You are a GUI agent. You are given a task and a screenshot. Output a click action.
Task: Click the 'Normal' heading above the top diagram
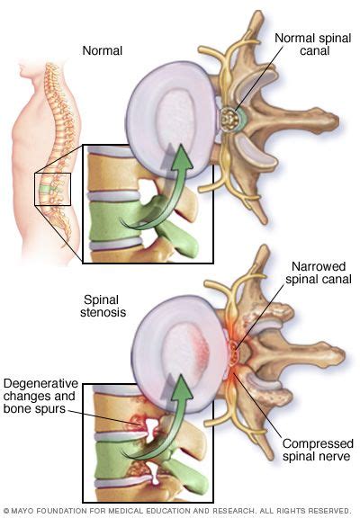click(x=102, y=50)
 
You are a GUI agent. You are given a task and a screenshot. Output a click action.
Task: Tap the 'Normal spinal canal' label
click(x=312, y=44)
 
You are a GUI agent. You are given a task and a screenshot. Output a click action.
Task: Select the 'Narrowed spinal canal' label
click(x=319, y=272)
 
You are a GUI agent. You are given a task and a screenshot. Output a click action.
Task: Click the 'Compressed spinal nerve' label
click(x=318, y=450)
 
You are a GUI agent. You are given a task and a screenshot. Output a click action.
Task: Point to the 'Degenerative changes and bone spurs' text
click(x=40, y=396)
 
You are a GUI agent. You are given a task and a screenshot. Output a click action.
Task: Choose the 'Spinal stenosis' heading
click(x=103, y=306)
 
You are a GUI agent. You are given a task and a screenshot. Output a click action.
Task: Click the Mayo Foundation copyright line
click(x=177, y=511)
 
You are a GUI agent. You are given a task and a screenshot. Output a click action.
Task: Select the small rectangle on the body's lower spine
click(x=52, y=189)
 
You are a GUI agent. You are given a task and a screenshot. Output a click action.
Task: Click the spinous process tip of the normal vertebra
click(x=332, y=123)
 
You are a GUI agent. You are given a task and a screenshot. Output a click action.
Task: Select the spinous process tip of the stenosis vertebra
click(x=337, y=356)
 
